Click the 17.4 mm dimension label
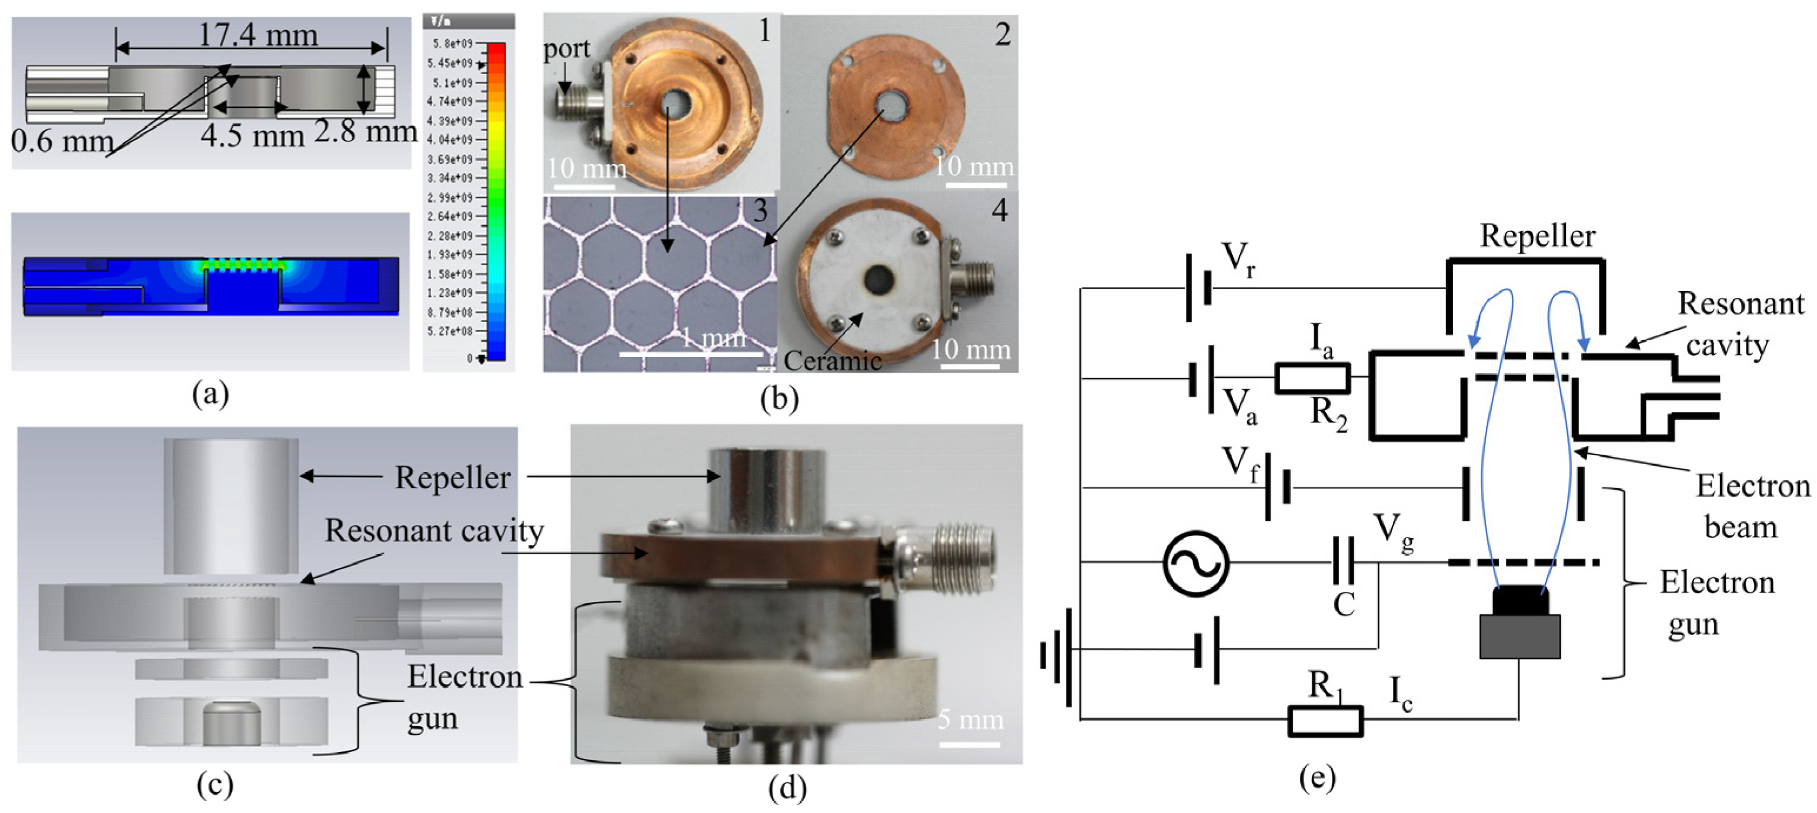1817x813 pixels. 258,35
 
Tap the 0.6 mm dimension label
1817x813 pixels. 62,140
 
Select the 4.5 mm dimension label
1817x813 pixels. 252,135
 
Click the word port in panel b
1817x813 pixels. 566,49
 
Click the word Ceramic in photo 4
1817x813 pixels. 832,360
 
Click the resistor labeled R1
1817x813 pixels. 1325,721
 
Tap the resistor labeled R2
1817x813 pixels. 1312,379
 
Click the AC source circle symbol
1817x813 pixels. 1195,563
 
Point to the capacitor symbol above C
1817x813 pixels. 1343,561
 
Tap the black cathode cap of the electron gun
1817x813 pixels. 1521,600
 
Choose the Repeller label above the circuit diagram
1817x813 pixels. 1537,236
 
